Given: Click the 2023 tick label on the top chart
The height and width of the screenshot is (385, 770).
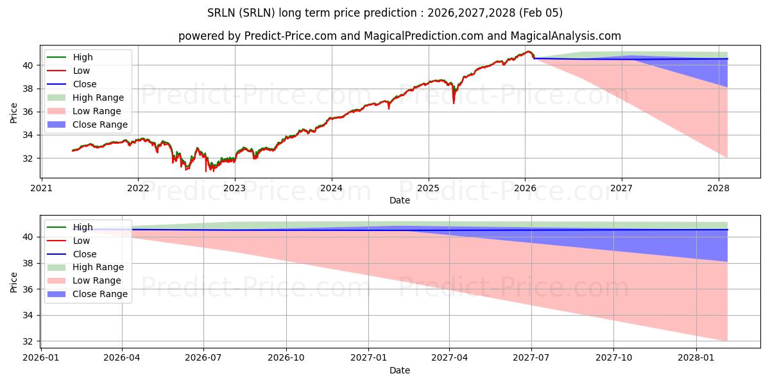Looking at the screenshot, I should point(235,188).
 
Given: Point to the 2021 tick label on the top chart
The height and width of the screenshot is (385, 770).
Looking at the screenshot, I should point(42,188).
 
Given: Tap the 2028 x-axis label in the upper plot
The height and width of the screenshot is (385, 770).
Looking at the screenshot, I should point(719,188).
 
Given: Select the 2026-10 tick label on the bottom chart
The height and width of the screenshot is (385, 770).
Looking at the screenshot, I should point(286,357).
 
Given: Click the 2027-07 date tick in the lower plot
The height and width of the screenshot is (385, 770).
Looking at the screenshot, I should point(531,357).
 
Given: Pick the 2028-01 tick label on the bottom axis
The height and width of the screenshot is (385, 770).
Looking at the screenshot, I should point(696,357).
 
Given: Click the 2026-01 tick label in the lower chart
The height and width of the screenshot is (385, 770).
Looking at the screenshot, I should point(41,357).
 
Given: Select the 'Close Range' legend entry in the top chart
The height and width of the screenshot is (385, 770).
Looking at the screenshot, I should point(99,124).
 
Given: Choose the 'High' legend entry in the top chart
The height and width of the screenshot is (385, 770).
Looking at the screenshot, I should point(83,57).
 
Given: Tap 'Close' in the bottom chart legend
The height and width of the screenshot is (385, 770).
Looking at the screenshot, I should point(85,254).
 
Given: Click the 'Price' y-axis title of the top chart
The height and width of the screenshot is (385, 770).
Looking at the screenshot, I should point(14,112).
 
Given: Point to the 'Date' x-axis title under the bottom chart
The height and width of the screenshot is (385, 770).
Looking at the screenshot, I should point(399,370).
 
